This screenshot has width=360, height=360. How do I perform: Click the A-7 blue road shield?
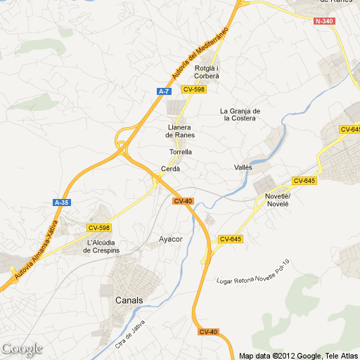[164, 91]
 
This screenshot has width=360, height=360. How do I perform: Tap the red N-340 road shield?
[324, 21]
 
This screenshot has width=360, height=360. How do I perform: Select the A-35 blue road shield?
[62, 202]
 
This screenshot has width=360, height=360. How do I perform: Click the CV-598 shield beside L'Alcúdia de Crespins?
[99, 227]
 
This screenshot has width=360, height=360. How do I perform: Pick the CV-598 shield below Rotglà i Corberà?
[193, 89]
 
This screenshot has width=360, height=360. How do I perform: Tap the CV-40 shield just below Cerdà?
[183, 201]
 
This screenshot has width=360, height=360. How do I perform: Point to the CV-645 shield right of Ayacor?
[231, 239]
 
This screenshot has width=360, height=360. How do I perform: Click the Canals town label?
[129, 300]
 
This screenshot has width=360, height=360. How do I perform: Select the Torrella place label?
[181, 152]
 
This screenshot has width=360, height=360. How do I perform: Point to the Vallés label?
[243, 167]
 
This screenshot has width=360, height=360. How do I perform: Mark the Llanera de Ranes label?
[180, 130]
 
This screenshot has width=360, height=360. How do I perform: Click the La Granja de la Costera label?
[240, 115]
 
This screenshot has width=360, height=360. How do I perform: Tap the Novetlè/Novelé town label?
[277, 200]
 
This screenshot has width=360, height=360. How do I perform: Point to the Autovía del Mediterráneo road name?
[201, 54]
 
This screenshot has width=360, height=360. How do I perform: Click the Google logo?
[22, 349]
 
